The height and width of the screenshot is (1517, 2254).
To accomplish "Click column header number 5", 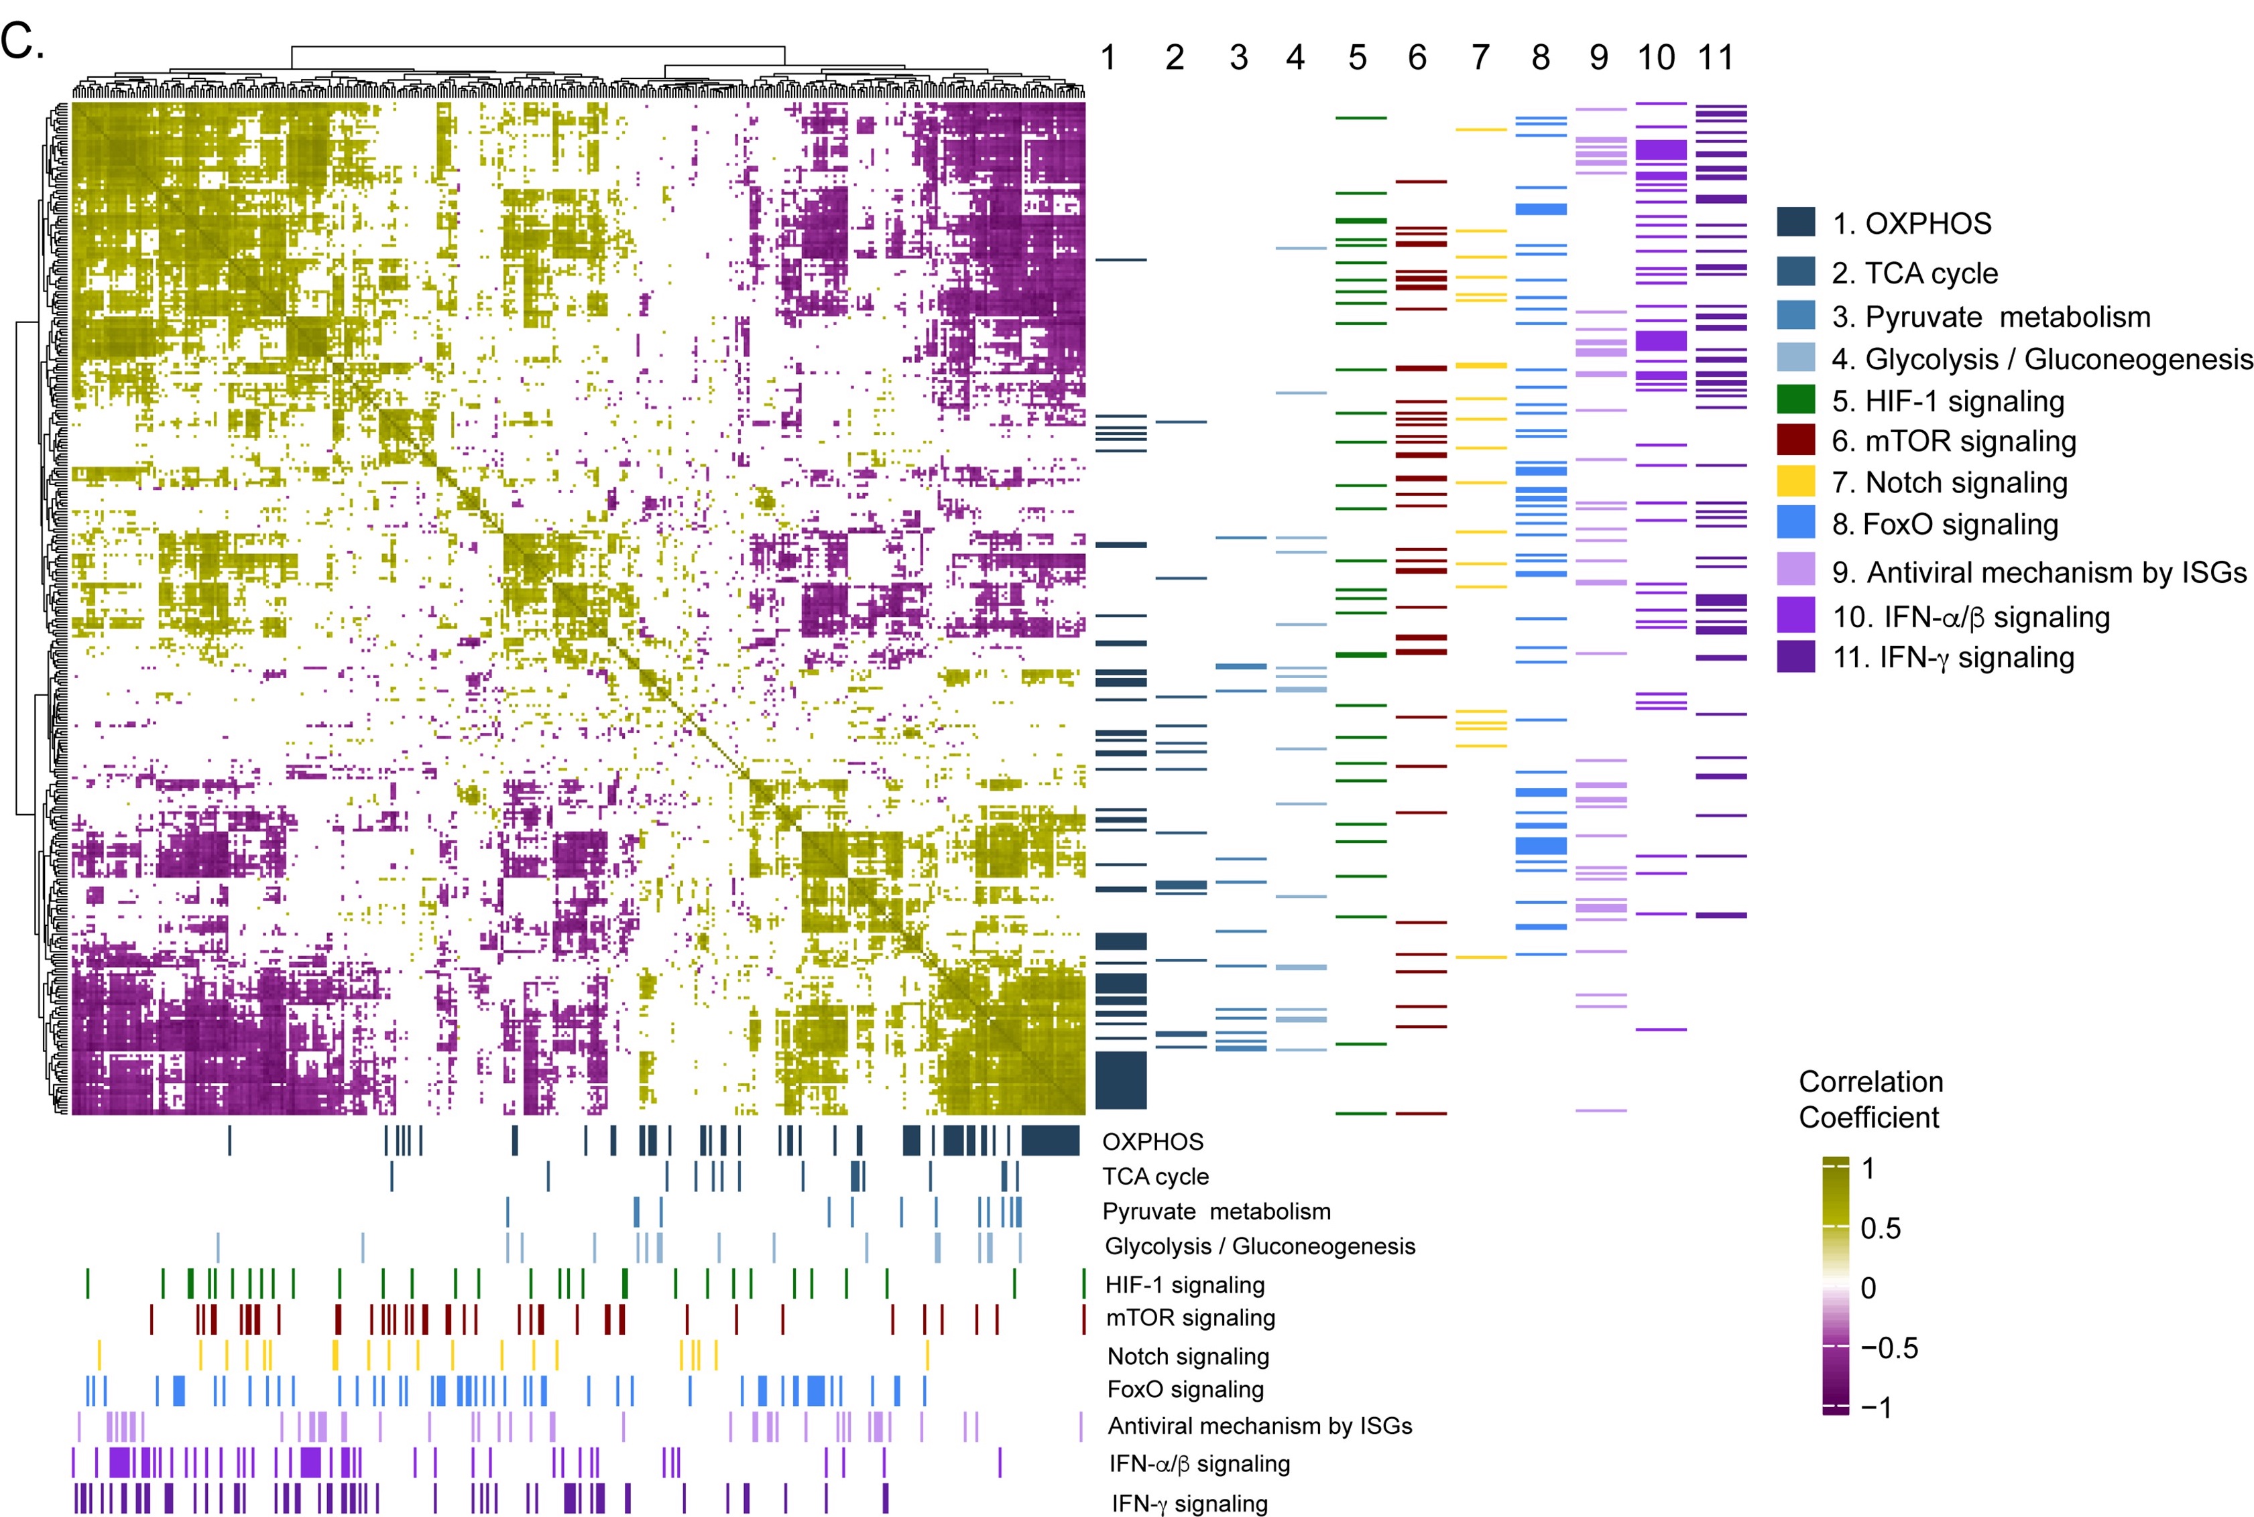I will [x=1357, y=58].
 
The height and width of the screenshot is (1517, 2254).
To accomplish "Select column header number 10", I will [x=1656, y=58].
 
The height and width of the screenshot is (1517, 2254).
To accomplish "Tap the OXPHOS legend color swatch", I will [x=1795, y=222].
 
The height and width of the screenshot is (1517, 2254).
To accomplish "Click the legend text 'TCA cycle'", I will [x=1931, y=274].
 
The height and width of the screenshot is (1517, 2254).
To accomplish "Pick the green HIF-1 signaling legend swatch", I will [x=1795, y=399].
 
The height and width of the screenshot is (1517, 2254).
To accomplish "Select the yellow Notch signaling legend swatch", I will [x=1795, y=481].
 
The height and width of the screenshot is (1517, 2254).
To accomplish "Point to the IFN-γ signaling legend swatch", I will [x=1795, y=657].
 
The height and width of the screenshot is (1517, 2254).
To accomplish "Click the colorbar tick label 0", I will [x=1868, y=1288].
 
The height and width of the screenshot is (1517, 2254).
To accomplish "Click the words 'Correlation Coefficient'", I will [x=1870, y=1099].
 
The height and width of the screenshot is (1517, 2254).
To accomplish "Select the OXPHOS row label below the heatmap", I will [x=1152, y=1142].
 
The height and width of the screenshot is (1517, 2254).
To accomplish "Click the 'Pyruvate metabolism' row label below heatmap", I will [x=1215, y=1211].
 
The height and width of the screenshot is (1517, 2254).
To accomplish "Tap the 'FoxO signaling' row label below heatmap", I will [x=1185, y=1389].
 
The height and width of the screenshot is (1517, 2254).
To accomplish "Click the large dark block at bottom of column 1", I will [x=1121, y=1079].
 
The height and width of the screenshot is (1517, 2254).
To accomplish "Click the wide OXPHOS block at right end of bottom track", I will [x=1050, y=1140].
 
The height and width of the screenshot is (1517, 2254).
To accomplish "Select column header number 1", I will [x=1108, y=58].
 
